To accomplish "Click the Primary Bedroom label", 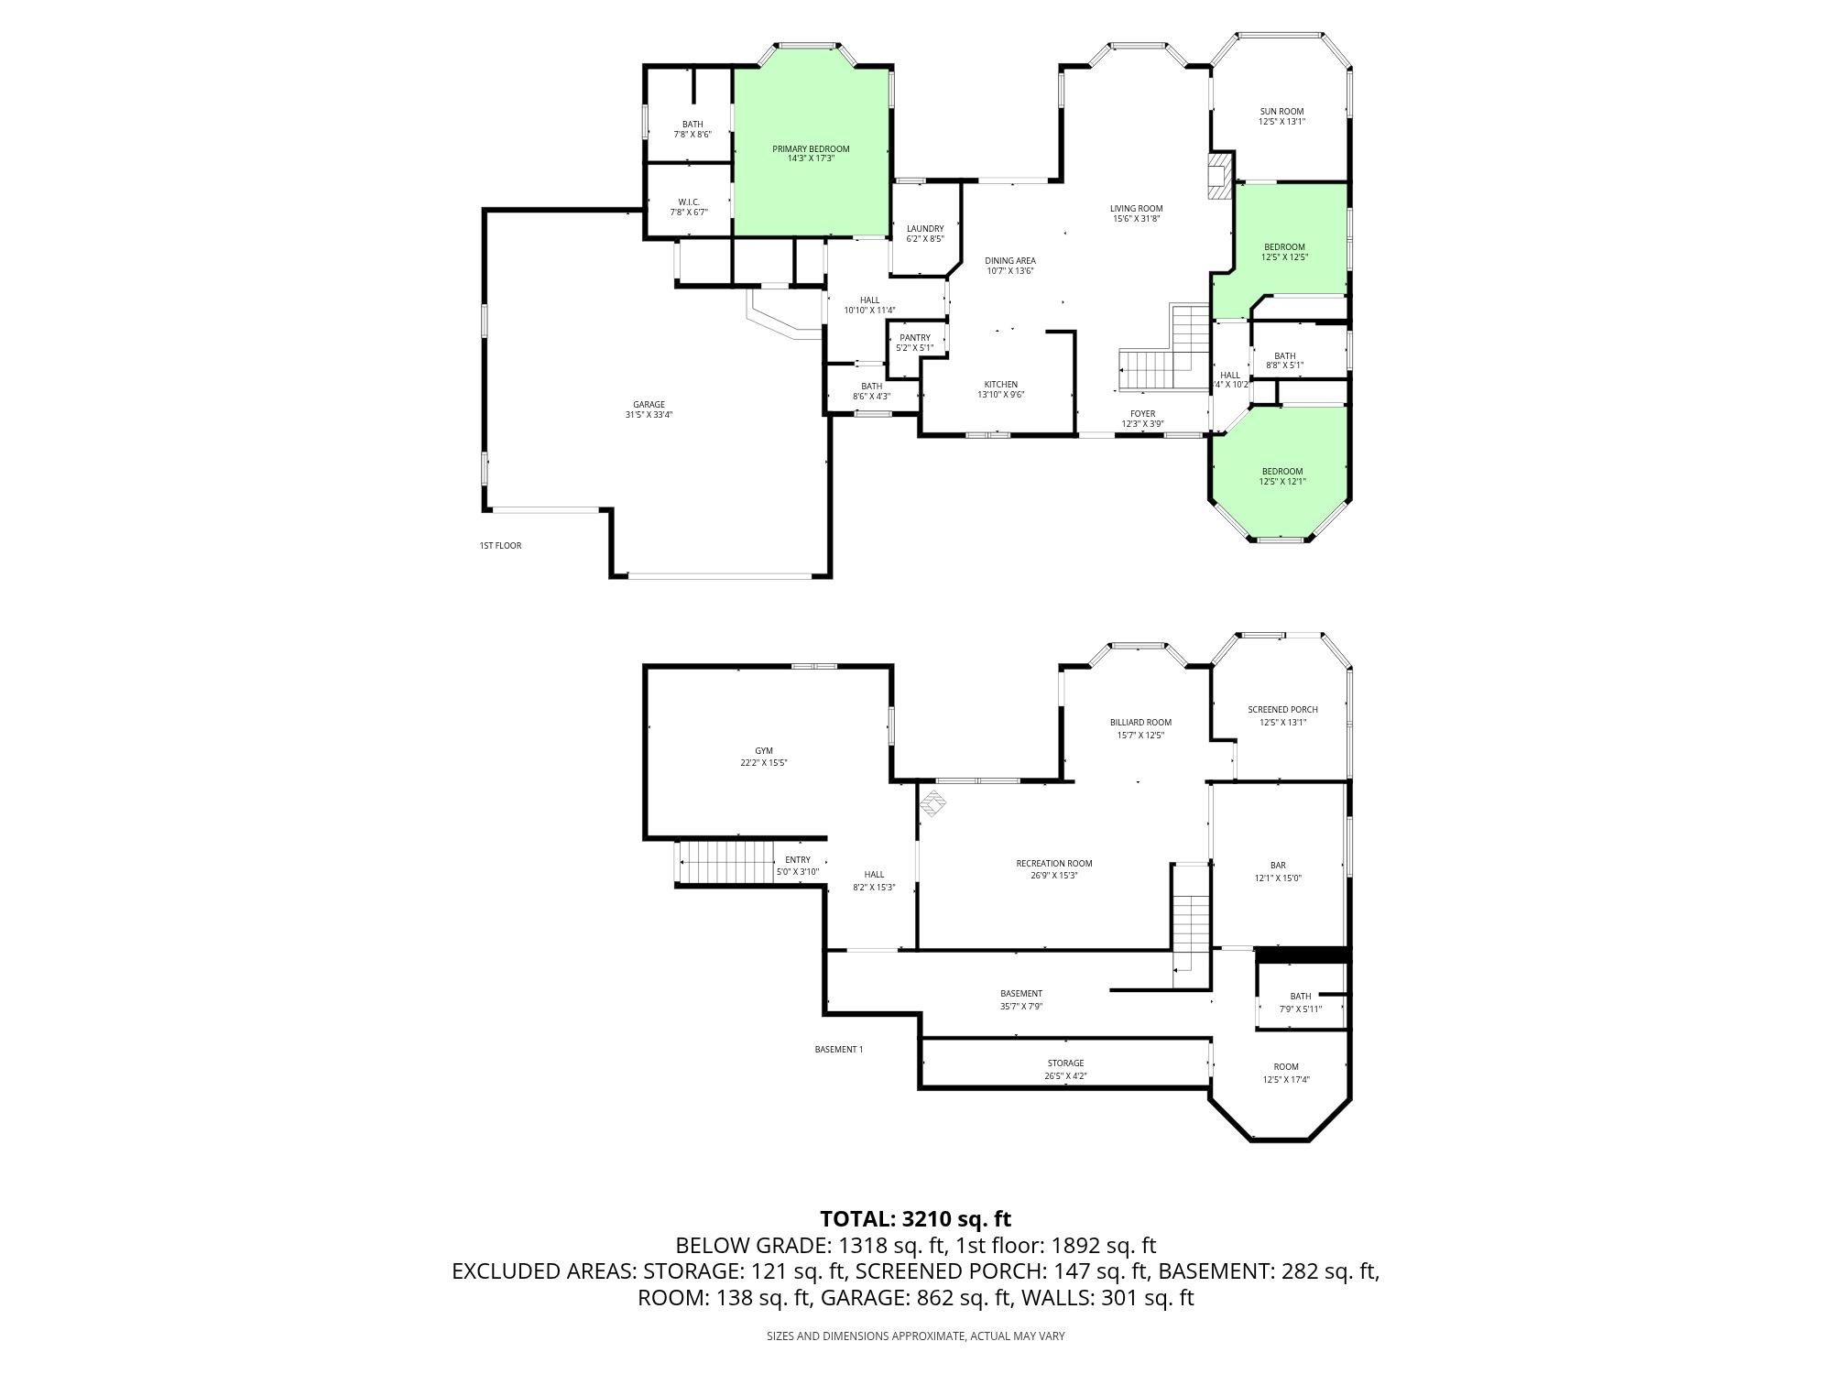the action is tap(811, 153).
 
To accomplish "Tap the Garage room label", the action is tap(649, 409).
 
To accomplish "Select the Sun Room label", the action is tap(1281, 116).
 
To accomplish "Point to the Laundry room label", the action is tap(925, 234).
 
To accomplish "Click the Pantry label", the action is tap(915, 343).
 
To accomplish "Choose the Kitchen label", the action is tap(1001, 389).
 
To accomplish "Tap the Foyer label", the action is tap(1142, 419).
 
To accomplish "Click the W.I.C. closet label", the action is tap(689, 207).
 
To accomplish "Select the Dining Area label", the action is tap(1010, 266).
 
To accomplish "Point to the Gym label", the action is tap(764, 757).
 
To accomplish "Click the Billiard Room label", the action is tap(1140, 728).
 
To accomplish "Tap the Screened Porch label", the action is tap(1282, 715).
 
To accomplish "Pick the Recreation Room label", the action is tap(1054, 868).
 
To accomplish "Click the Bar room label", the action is tap(1278, 871).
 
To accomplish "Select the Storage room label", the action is tap(1066, 1069).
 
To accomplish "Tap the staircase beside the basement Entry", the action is tap(724, 862).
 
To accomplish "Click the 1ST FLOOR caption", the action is tap(500, 546).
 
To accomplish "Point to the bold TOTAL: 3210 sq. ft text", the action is tap(916, 1218).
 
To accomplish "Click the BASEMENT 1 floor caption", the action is tap(839, 1050).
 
